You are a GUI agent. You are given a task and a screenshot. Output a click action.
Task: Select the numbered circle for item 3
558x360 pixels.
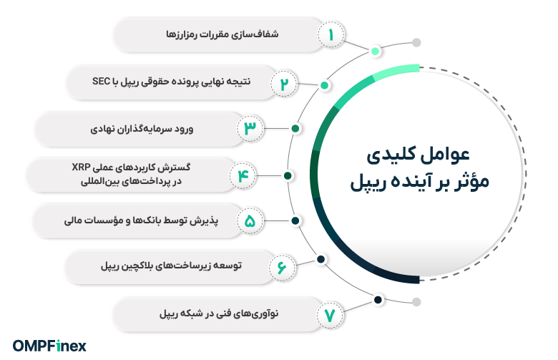click(250, 129)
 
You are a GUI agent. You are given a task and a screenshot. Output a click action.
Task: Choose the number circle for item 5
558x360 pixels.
click(250, 221)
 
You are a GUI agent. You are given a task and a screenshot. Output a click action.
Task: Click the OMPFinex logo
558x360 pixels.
click(49, 345)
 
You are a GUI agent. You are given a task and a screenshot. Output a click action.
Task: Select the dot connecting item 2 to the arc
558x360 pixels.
click(325, 85)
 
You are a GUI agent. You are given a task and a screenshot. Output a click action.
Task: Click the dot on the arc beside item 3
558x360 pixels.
click(295, 129)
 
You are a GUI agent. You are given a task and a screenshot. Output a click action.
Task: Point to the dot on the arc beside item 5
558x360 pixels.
click(295, 221)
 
